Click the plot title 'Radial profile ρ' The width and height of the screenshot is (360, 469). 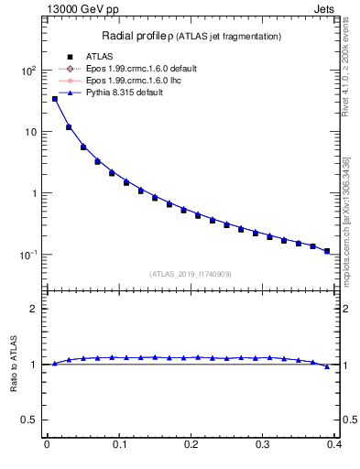[x=137, y=36]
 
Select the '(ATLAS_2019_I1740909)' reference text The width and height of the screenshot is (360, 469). [x=190, y=273]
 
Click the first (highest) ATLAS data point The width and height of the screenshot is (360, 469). [x=54, y=99]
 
